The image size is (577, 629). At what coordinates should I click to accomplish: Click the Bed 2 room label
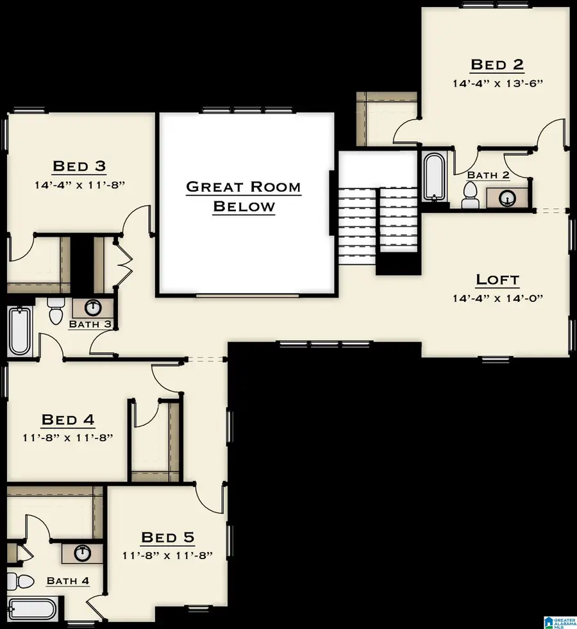click(497, 64)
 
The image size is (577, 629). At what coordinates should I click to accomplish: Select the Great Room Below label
click(244, 196)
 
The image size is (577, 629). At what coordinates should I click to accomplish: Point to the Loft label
click(497, 280)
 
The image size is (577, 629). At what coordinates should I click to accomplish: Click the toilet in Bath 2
click(471, 195)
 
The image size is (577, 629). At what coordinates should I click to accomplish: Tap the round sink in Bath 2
click(507, 198)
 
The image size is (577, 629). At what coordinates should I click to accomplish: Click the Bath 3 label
click(90, 324)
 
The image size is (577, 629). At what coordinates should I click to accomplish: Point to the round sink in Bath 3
click(94, 307)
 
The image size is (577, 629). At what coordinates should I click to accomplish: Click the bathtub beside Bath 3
click(20, 331)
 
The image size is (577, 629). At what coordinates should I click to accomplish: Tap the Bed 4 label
click(67, 420)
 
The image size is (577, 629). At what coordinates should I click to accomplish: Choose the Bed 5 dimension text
click(167, 555)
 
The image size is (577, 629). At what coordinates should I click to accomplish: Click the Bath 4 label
click(67, 581)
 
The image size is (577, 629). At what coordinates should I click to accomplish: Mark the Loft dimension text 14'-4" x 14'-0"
click(497, 298)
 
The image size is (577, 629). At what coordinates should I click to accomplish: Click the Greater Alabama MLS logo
click(558, 620)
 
